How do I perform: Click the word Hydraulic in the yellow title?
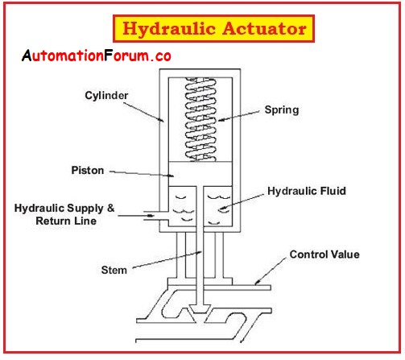pos(169,29)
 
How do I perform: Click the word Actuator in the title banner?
pos(265,28)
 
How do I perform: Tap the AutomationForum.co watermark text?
pos(97,56)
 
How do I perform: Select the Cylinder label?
pos(106,95)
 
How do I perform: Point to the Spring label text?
pos(282,110)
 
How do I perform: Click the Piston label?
pos(88,170)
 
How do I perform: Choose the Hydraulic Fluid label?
pos(307,191)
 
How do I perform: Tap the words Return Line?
pos(66,221)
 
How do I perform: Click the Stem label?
pos(114,270)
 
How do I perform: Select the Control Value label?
pos(324,254)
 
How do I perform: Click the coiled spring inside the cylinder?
pos(200,119)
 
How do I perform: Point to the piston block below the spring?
pos(200,174)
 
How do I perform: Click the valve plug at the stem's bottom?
pos(200,309)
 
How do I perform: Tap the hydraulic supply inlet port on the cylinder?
pos(156,216)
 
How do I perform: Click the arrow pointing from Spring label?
pos(238,115)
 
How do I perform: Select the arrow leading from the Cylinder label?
pos(143,112)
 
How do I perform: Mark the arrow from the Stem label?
pos(167,259)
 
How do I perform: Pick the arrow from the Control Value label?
pos(270,271)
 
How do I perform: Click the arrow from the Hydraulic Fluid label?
pos(242,201)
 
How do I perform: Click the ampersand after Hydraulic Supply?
pos(110,208)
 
